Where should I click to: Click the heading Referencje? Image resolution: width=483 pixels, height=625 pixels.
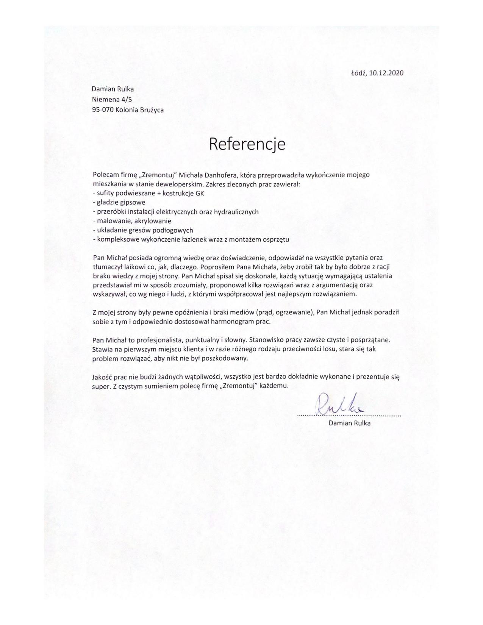click(x=247, y=144)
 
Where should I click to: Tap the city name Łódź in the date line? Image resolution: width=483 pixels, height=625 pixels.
click(x=358, y=73)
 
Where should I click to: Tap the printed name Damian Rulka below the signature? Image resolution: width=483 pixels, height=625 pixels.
click(x=349, y=423)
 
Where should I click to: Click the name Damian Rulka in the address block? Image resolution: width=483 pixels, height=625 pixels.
click(x=113, y=89)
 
